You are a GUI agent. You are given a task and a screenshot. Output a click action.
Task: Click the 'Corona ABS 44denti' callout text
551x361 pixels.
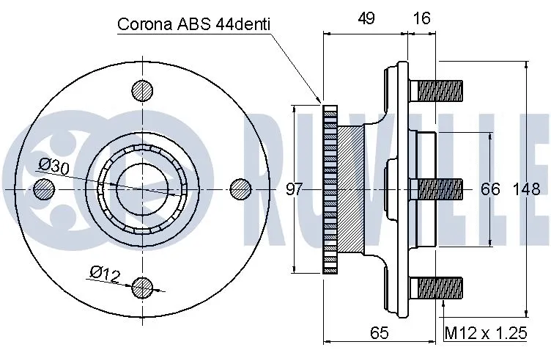point(194,24)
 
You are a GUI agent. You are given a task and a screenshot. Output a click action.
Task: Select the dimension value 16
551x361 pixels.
point(421,19)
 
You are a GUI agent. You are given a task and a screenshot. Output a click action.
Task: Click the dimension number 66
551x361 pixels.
point(490,189)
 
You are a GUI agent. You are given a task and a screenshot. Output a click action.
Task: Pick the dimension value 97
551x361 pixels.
point(294,189)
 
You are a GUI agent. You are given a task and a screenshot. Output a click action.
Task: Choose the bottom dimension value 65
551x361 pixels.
point(378,333)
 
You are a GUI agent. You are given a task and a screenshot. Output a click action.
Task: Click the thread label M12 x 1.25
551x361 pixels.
point(486,333)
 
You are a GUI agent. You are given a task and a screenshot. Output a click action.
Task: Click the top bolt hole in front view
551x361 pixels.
point(143,91)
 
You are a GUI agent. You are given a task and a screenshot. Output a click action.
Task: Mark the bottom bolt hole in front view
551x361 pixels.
point(143,287)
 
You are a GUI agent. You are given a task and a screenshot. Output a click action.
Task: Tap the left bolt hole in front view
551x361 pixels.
point(45,189)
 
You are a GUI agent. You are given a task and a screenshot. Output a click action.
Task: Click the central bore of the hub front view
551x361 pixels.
point(143,189)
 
